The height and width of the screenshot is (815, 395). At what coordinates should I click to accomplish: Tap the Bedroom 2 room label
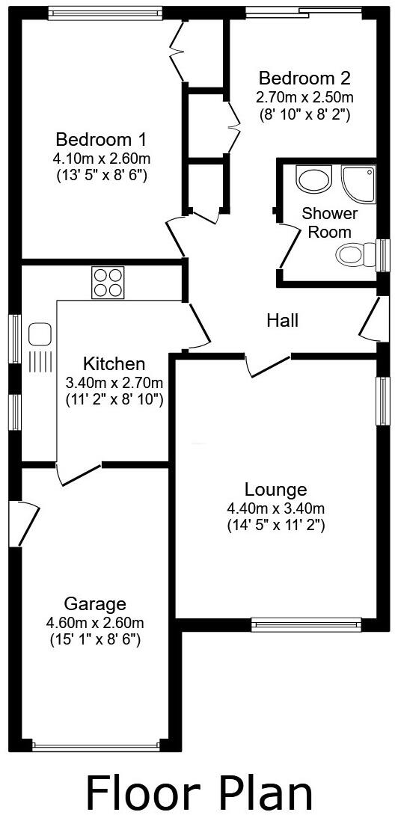(x=304, y=78)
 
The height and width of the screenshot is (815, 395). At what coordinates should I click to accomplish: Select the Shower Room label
(x=330, y=223)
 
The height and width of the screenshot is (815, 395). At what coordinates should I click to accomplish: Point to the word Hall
(x=283, y=321)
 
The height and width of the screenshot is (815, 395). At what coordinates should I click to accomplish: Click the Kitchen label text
(x=114, y=364)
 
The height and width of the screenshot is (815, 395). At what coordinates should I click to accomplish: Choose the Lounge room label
(x=276, y=490)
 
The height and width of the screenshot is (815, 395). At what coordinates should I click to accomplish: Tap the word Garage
(x=95, y=603)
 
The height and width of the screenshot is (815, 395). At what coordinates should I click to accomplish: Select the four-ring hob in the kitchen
(x=108, y=283)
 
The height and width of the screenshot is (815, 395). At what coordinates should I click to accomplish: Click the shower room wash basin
(x=311, y=178)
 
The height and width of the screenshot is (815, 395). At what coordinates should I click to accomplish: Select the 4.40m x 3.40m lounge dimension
(x=276, y=508)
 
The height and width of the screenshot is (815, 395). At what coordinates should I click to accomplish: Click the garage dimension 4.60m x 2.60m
(x=95, y=622)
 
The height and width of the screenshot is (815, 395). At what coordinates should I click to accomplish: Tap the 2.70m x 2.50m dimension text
(x=304, y=97)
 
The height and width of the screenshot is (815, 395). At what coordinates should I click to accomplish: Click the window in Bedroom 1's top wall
(x=105, y=13)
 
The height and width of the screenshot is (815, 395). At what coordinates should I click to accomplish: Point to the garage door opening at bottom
(x=95, y=745)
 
